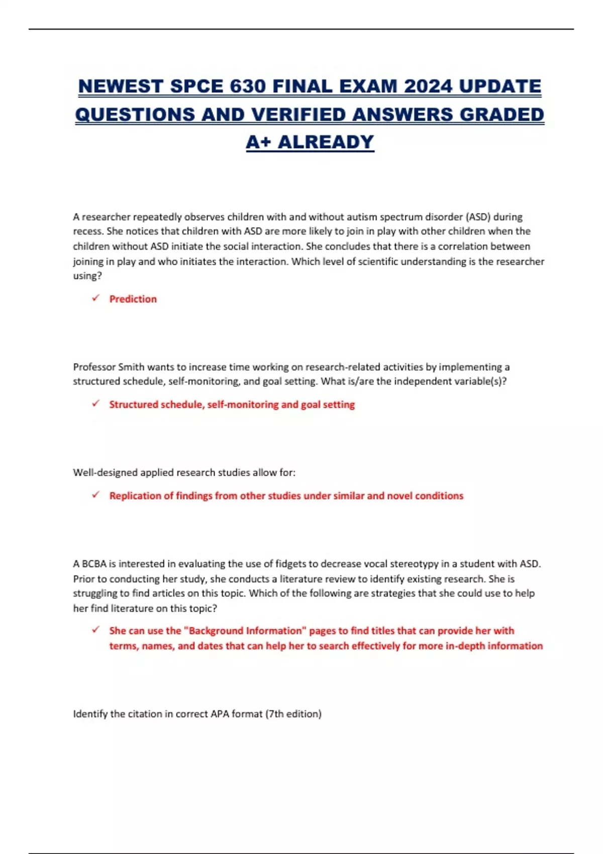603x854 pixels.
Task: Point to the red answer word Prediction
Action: (133, 299)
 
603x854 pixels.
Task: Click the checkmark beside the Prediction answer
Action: (95, 298)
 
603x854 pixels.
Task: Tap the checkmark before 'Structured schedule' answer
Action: (95, 404)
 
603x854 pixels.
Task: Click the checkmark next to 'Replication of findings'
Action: (95, 495)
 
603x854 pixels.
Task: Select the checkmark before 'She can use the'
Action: (95, 630)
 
